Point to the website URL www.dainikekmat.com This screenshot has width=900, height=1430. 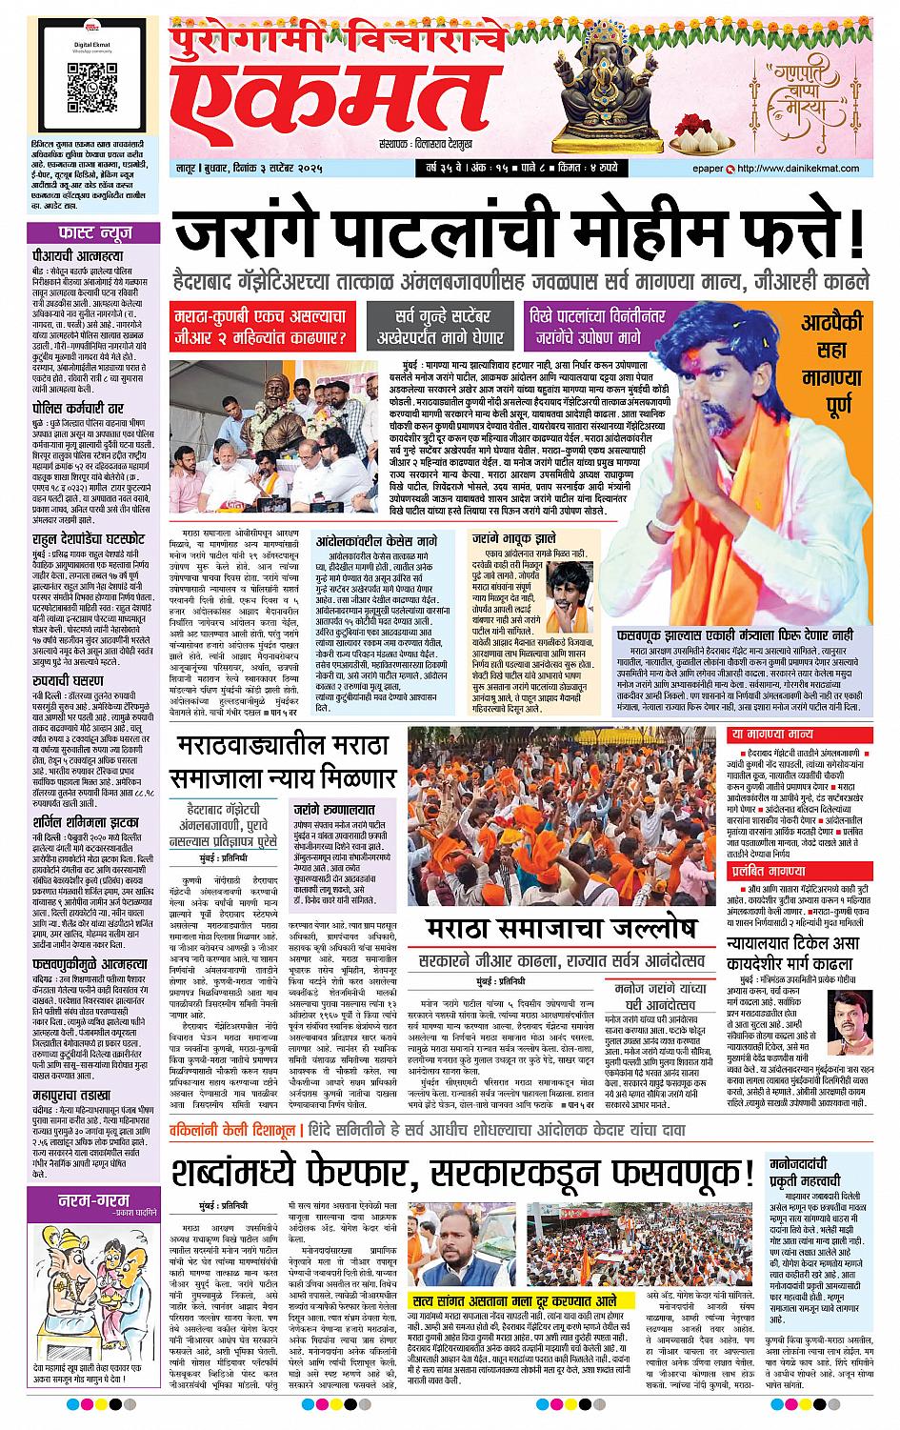[x=806, y=170]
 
